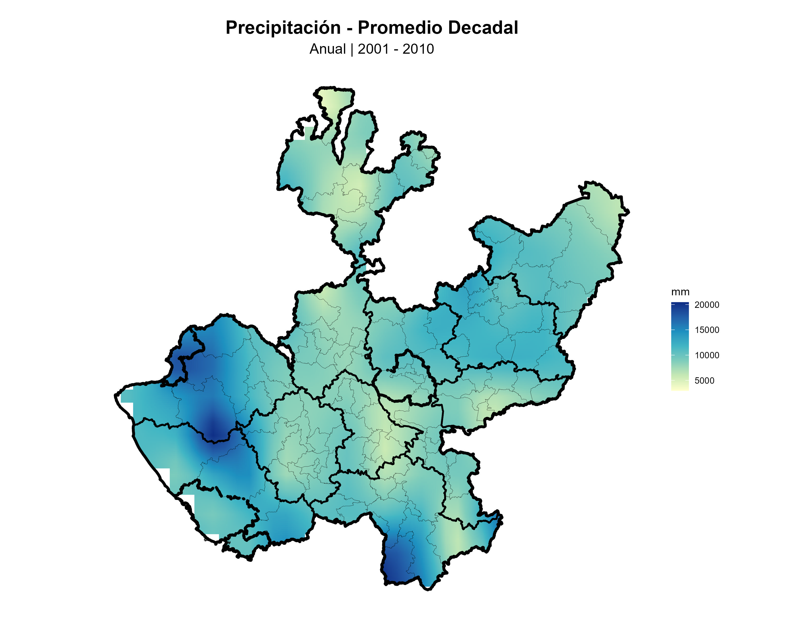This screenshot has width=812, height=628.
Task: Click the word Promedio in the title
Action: click(399, 28)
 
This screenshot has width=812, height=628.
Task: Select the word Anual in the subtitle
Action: click(328, 49)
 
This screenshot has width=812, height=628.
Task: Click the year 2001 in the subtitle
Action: click(373, 49)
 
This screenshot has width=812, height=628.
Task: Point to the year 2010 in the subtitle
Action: click(418, 49)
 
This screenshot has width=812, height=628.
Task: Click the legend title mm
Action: click(680, 292)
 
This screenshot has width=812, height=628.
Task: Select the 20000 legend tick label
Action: click(707, 305)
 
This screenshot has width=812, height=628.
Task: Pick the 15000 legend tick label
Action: click(707, 330)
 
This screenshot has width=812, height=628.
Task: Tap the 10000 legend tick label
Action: click(707, 355)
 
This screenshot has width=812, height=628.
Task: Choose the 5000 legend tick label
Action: click(704, 380)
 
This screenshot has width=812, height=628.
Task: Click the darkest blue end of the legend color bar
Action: click(680, 304)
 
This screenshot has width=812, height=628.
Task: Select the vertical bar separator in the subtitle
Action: click(352, 49)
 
